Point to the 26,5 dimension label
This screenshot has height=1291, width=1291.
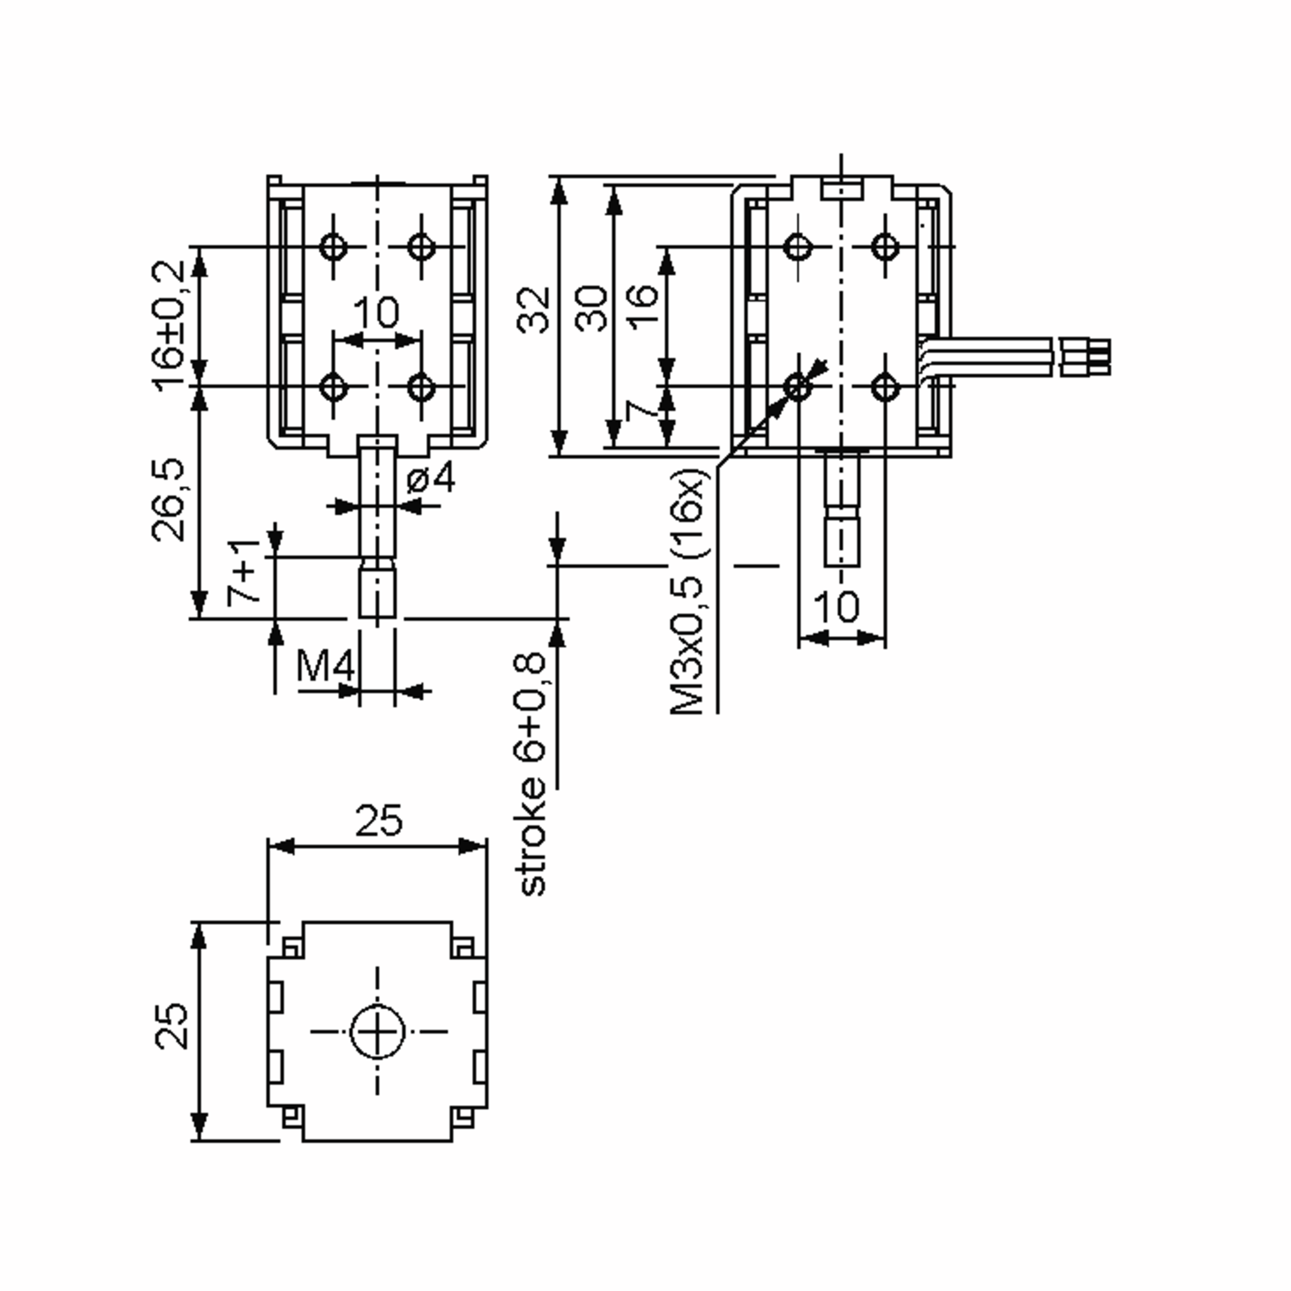[168, 499]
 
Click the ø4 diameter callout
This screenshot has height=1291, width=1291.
[431, 478]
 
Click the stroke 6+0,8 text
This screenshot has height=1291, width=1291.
[531, 775]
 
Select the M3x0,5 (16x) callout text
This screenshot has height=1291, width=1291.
[689, 591]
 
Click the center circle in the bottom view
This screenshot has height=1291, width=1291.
[378, 1031]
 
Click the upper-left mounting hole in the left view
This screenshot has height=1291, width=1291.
[333, 246]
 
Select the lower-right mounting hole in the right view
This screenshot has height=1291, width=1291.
[885, 387]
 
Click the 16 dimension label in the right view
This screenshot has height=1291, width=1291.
[642, 306]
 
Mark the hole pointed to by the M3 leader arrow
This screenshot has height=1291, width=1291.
[797, 386]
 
